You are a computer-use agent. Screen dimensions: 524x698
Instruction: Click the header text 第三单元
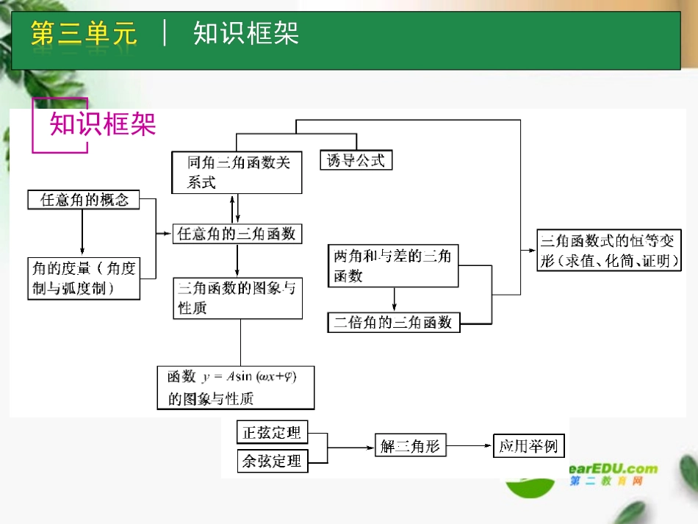click(x=84, y=34)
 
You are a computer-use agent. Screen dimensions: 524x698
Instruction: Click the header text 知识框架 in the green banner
click(x=246, y=34)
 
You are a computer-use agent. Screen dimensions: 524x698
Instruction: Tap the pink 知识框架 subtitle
click(x=103, y=124)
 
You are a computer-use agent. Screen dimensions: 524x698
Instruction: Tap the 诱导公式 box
click(x=356, y=160)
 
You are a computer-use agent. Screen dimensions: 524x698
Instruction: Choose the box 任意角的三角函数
click(x=237, y=234)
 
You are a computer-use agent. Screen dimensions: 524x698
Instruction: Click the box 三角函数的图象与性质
click(x=237, y=298)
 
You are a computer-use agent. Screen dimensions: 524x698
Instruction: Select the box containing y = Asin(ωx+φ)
click(x=236, y=387)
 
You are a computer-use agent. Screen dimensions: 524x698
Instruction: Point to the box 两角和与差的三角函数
click(x=393, y=266)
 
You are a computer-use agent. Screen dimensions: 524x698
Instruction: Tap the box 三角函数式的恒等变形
click(x=608, y=250)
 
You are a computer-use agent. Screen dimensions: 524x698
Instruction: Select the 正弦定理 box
click(x=272, y=433)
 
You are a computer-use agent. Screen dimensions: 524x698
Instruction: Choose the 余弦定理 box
click(x=272, y=462)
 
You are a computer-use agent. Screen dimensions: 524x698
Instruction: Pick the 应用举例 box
click(x=528, y=446)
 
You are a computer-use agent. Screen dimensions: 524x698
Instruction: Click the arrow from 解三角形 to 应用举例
click(x=469, y=446)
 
